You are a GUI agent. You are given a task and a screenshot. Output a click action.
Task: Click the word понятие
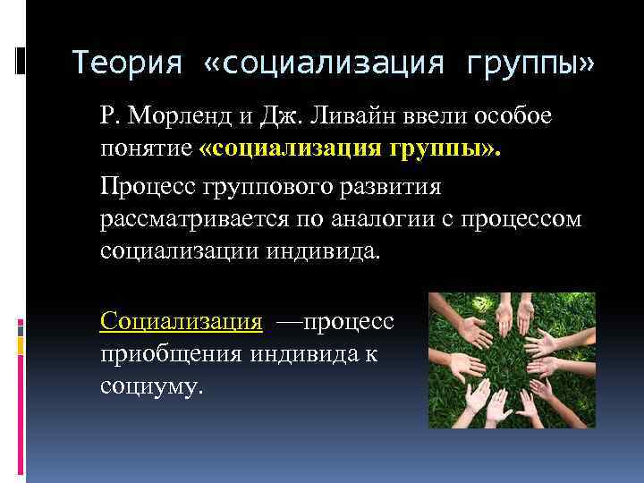[147, 148]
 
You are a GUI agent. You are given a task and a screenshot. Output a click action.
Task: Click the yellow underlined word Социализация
[182, 320]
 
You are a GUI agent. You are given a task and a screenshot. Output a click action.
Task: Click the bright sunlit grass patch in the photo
[572, 309]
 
